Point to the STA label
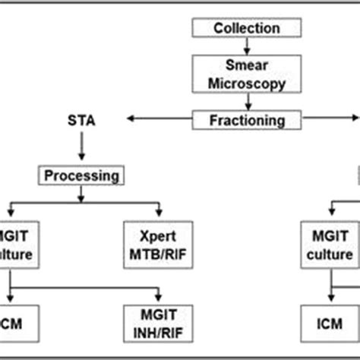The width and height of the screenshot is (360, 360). click(x=81, y=119)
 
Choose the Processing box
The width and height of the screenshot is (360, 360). click(x=81, y=175)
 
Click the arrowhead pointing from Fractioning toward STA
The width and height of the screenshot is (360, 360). click(x=131, y=119)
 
